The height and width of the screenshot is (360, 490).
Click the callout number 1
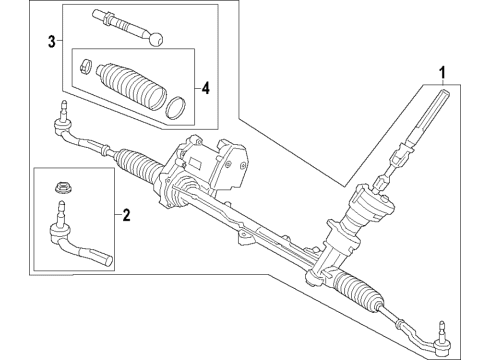point(440,72)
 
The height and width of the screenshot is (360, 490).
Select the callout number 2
point(126,214)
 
